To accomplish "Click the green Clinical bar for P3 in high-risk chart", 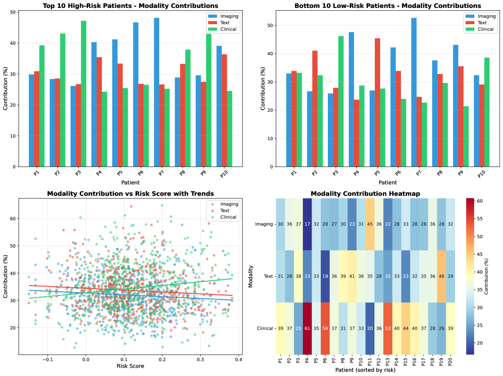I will (x=84, y=93).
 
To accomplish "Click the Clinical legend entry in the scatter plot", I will (x=227, y=217).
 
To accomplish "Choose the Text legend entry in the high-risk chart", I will (x=227, y=22).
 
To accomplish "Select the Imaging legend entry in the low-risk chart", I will (x=485, y=16).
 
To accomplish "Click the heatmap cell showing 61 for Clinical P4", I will (x=307, y=329).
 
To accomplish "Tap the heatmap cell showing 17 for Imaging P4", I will (x=307, y=224).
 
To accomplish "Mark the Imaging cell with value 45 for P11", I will (x=370, y=224).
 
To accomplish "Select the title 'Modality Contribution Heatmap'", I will (x=366, y=194).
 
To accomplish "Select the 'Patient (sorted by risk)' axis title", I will (x=366, y=370).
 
